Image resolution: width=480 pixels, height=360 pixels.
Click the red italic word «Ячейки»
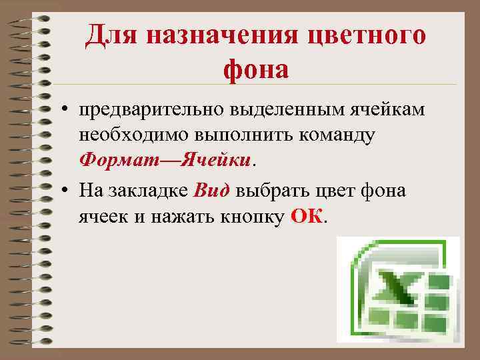point(217,160)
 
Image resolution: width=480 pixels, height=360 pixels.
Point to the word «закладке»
point(147,191)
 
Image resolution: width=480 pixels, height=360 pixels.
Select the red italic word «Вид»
point(211,191)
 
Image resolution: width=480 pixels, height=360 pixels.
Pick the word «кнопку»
point(253,217)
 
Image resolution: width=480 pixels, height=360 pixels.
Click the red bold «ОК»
point(307,217)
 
